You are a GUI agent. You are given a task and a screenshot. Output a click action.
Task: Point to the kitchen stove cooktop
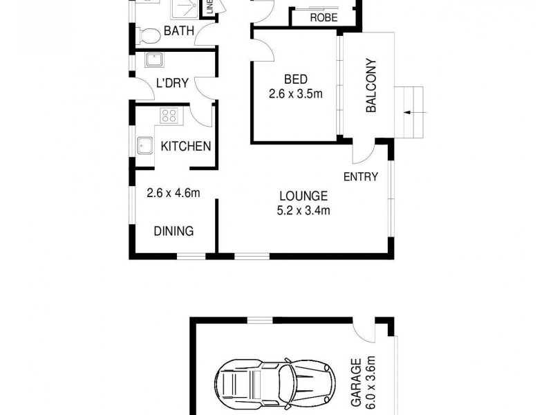tap(170, 115)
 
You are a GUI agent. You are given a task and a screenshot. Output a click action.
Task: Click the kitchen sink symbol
tap(145, 146)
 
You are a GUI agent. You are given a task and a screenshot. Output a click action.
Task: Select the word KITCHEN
tap(185, 146)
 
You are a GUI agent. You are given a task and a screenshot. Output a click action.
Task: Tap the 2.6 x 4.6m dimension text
tap(174, 194)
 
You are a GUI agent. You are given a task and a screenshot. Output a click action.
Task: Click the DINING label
tap(173, 231)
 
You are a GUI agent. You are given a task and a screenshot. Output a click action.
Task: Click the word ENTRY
tap(361, 177)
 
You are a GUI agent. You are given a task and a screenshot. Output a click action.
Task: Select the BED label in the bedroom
tap(296, 78)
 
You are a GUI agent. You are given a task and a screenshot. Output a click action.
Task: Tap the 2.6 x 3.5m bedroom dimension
tap(296, 93)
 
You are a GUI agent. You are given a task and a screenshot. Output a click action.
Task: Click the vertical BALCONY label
tap(371, 84)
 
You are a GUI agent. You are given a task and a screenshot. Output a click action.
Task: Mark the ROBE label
tap(324, 17)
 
